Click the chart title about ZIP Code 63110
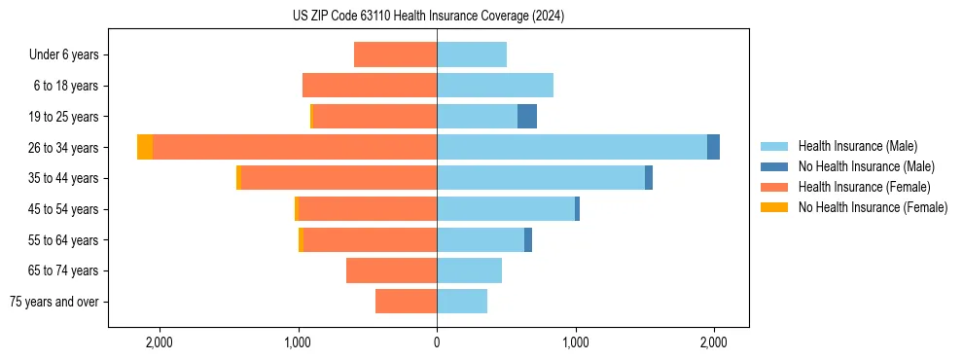click(x=428, y=17)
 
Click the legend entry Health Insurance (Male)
click(x=857, y=146)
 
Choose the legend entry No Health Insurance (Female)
click(x=873, y=207)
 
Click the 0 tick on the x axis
click(x=437, y=342)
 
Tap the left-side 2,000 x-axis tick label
click(x=159, y=342)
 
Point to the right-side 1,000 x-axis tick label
click(x=575, y=342)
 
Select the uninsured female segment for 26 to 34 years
click(x=145, y=147)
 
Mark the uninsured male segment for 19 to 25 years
click(x=527, y=117)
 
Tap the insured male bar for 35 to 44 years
click(x=541, y=178)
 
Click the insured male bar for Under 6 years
click(x=472, y=54)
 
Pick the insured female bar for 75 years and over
click(x=406, y=302)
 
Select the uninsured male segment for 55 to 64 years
click(x=528, y=239)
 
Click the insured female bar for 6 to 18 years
click(x=370, y=86)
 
